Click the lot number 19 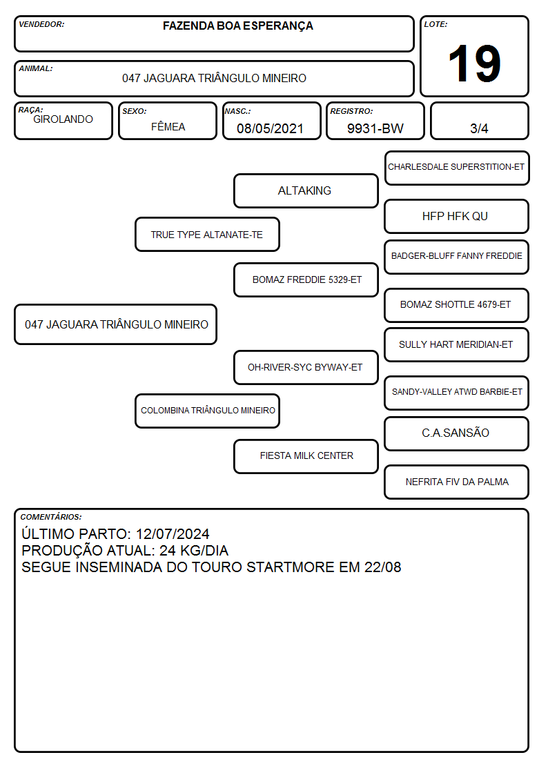pyautogui.click(x=474, y=63)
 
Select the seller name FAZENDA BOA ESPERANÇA pyautogui.click(x=237, y=26)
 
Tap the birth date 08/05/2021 pyautogui.click(x=270, y=128)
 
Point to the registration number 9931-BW pyautogui.click(x=375, y=128)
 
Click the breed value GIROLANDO pyautogui.click(x=63, y=119)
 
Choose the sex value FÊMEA pyautogui.click(x=168, y=126)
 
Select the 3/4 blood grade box pyautogui.click(x=479, y=121)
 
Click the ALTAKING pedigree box pyautogui.click(x=306, y=190)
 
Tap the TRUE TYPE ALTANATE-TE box pyautogui.click(x=207, y=234)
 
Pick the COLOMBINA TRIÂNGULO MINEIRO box pyautogui.click(x=207, y=411)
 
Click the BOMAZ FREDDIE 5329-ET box pyautogui.click(x=306, y=279)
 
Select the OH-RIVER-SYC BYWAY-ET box pyautogui.click(x=306, y=367)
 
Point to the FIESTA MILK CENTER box pyautogui.click(x=306, y=456)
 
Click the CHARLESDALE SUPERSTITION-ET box pyautogui.click(x=457, y=168)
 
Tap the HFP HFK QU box pyautogui.click(x=457, y=216)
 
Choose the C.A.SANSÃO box pyautogui.click(x=457, y=433)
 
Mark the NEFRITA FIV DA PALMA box pyautogui.click(x=457, y=482)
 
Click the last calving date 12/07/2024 pyautogui.click(x=173, y=534)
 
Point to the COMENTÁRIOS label pyautogui.click(x=51, y=517)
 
